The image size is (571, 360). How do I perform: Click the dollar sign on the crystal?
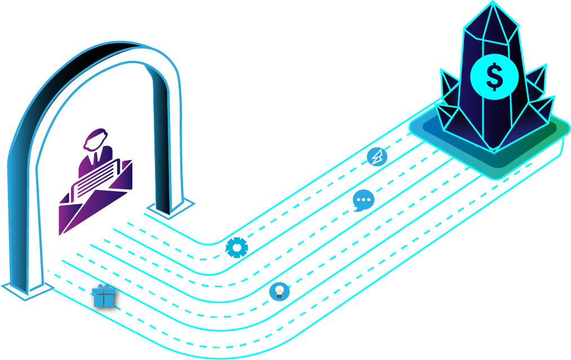(x=494, y=77)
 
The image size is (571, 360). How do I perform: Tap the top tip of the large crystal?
(x=493, y=4)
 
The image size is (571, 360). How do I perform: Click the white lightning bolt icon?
(x=377, y=157)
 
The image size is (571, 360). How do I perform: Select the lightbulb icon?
(x=279, y=292)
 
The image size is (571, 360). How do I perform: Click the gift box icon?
(x=104, y=296)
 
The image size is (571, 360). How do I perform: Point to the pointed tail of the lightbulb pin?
(x=270, y=314)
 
